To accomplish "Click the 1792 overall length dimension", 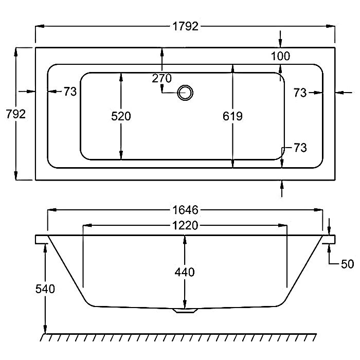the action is pos(185,26).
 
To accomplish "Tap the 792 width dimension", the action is pos(15,114).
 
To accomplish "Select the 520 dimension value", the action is pos(121,116).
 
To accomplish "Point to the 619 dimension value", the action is pos(232,116).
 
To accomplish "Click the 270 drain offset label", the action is pos(162,78).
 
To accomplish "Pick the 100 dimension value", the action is pos(280,56).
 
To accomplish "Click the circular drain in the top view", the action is pos(185,93).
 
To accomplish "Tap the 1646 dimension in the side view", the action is pos(185,210).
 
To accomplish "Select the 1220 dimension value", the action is pos(185,225).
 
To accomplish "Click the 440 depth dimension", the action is pos(185,272).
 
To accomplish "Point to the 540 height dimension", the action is pos(45,289).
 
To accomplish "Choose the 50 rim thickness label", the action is pos(347,264).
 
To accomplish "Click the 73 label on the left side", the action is pos(70,92).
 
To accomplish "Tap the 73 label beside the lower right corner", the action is pos(300,148).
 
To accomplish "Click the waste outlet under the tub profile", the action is pos(185,311).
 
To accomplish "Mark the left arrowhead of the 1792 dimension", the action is pos(40,26).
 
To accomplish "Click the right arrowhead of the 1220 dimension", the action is pos(283,225).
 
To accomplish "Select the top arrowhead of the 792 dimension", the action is pos(15,52).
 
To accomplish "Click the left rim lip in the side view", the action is pos(41,239).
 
